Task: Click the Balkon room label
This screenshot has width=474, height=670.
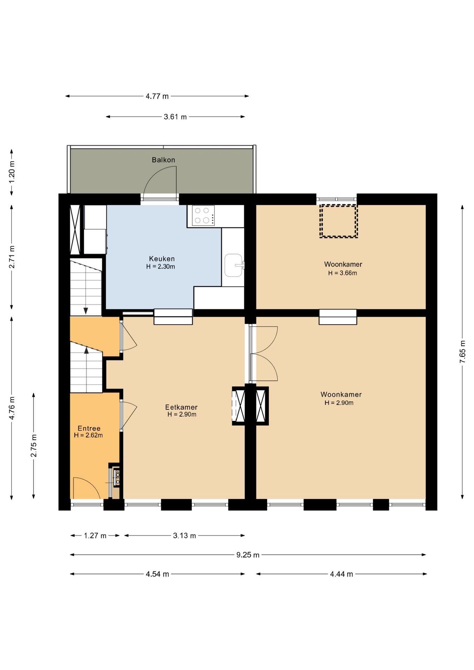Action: (163, 160)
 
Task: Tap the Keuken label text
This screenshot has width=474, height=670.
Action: (162, 259)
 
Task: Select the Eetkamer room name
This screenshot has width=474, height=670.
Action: (181, 407)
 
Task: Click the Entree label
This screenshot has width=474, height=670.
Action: (89, 428)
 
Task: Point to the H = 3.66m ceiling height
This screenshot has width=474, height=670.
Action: (342, 273)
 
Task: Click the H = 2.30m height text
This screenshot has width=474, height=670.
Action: (161, 267)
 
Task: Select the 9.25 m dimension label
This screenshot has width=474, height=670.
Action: (248, 555)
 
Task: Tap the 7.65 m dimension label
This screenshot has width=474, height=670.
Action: (462, 351)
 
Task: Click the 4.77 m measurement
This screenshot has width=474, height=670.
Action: (157, 96)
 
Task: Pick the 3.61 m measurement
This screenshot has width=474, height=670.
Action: (175, 117)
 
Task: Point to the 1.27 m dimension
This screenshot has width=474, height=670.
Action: (95, 536)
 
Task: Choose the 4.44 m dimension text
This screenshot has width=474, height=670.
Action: (341, 574)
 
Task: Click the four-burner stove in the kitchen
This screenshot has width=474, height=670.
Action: (203, 215)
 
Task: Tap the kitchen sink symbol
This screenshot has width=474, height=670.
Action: (234, 265)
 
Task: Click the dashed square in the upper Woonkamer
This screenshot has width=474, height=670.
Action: (339, 221)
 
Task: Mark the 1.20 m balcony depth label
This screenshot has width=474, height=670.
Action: (12, 172)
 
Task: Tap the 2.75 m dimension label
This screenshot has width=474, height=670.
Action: (34, 446)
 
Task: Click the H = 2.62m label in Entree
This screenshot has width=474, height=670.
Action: (88, 435)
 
